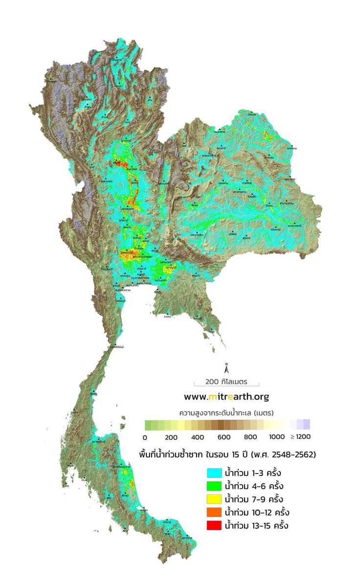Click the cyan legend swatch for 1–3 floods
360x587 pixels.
(x=215, y=473)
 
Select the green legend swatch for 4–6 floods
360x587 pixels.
(x=215, y=486)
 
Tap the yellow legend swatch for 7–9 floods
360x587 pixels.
(x=215, y=499)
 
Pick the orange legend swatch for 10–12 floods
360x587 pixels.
(x=215, y=513)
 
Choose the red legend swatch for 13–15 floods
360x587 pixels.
(x=215, y=526)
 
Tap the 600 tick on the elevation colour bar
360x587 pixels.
(x=224, y=436)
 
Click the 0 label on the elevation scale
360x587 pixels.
(x=145, y=436)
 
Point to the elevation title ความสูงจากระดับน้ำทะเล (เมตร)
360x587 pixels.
(x=225, y=411)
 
